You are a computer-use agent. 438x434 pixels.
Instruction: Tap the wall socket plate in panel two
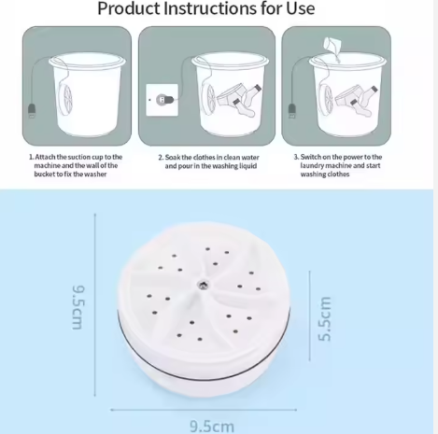coord(162,100)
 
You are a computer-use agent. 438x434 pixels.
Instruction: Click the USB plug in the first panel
coord(32,111)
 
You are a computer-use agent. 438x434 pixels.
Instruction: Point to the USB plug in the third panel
coord(291,111)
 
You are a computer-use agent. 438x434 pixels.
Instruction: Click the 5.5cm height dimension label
coord(325,318)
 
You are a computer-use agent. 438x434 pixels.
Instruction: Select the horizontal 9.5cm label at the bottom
coord(212,426)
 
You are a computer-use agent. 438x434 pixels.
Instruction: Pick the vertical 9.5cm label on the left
coord(78,307)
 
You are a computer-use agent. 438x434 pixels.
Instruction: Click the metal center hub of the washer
coord(203,285)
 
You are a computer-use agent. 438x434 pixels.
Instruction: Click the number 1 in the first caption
coord(31,157)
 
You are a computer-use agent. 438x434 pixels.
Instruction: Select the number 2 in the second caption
coord(161,158)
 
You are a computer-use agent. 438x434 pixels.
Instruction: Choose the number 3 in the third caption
coord(296,157)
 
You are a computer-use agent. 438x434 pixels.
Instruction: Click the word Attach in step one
coord(45,157)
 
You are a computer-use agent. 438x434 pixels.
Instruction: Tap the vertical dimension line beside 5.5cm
coord(309,315)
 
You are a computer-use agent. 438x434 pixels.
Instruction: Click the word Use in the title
coord(301,8)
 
